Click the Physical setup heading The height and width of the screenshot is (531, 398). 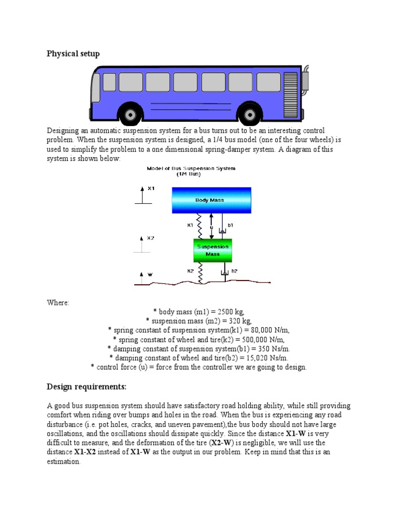click(x=73, y=53)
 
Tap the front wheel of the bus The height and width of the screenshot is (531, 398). click(x=130, y=113)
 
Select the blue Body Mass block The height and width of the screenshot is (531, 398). click(x=211, y=200)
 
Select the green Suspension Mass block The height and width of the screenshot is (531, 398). click(x=212, y=250)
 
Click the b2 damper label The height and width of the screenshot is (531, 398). click(x=234, y=271)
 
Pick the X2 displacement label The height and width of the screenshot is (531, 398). click(x=150, y=239)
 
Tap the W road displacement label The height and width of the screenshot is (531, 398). click(x=150, y=274)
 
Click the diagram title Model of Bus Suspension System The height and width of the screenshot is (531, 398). click(x=191, y=169)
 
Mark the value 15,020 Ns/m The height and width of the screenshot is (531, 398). click(x=264, y=358)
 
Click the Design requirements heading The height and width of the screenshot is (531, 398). click(x=87, y=387)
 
